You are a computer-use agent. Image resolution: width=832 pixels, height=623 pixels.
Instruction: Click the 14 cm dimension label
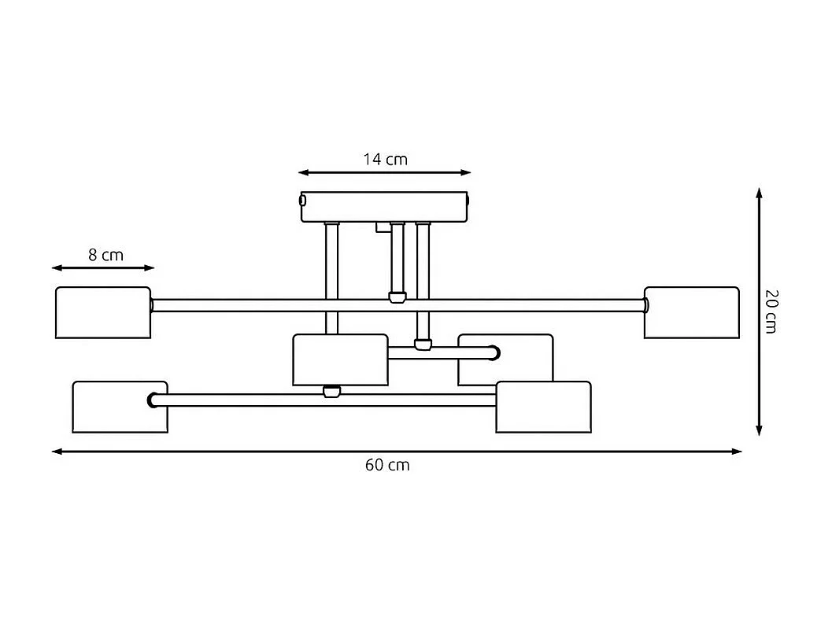click(385, 159)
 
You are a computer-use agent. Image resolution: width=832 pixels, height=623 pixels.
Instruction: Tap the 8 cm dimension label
click(105, 255)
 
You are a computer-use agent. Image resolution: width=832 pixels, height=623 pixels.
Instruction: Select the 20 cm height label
click(771, 311)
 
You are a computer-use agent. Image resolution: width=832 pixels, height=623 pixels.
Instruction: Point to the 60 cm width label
click(387, 465)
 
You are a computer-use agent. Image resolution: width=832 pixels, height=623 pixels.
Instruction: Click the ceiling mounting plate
click(384, 207)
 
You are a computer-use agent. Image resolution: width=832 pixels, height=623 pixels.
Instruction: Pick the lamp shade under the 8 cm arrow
click(103, 312)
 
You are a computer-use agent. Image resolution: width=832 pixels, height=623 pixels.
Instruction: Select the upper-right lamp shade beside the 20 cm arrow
click(691, 312)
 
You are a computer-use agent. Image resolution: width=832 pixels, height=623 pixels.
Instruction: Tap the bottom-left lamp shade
click(120, 407)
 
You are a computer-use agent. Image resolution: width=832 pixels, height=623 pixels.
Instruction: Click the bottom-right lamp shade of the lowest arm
click(543, 407)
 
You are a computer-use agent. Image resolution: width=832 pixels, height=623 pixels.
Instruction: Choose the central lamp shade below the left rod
click(341, 359)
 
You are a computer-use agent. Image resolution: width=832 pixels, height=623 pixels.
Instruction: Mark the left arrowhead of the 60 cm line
click(57, 452)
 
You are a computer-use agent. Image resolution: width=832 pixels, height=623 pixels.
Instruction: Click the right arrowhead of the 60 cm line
click(737, 452)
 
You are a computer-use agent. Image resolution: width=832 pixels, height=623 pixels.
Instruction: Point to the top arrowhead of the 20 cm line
click(760, 193)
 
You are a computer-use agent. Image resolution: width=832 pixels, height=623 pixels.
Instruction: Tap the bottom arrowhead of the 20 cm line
click(760, 430)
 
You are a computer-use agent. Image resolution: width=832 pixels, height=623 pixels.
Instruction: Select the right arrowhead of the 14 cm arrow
click(465, 172)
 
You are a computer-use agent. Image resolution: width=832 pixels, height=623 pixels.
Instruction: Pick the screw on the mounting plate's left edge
click(302, 201)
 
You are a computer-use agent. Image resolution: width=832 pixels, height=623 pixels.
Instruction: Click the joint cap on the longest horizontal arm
click(397, 297)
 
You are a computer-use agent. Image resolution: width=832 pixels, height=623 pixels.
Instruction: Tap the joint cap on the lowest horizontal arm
click(331, 391)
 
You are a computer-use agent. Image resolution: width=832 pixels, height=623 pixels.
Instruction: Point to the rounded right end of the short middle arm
click(494, 352)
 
